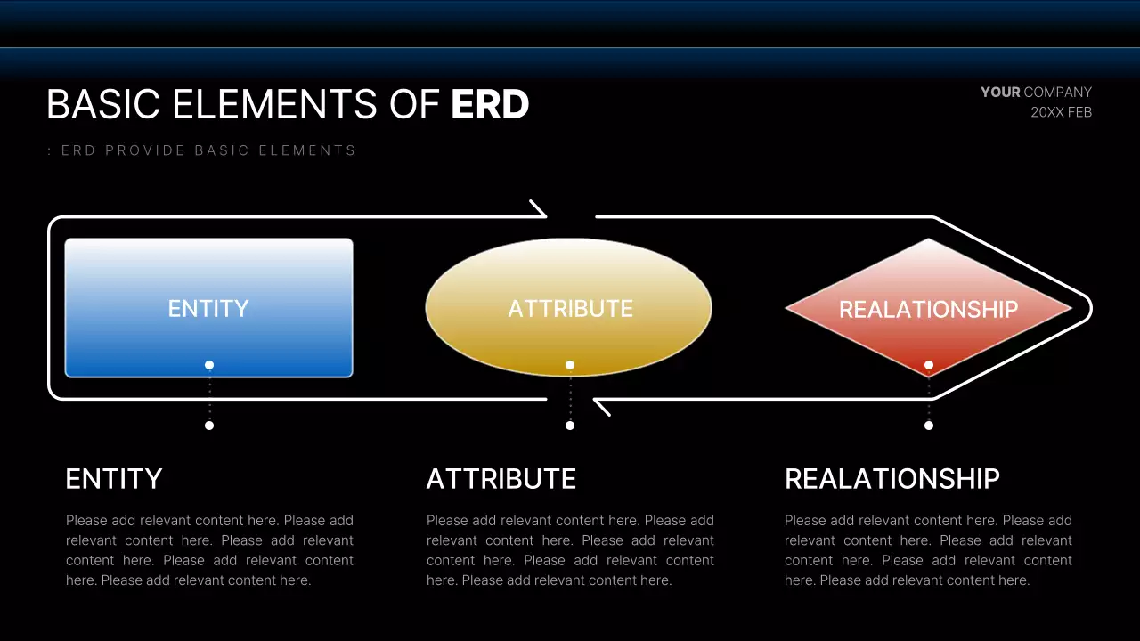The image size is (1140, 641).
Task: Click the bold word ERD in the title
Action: [x=490, y=104]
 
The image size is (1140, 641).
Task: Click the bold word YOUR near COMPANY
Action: [x=1000, y=92]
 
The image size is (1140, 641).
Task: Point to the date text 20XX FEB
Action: [x=1061, y=112]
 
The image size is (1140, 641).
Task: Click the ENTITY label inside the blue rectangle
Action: [x=208, y=308]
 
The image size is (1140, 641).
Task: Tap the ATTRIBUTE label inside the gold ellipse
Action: [x=571, y=308]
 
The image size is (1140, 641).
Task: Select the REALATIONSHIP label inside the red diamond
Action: [x=928, y=309]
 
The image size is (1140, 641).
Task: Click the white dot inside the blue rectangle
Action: [x=209, y=365]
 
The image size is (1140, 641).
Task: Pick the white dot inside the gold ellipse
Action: [x=570, y=365]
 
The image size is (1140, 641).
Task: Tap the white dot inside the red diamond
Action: [x=929, y=365]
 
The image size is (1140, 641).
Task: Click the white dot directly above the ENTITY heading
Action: [x=209, y=426]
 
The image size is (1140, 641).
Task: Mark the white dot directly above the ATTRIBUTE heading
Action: [x=570, y=426]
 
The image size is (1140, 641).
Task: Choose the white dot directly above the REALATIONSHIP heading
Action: [x=929, y=426]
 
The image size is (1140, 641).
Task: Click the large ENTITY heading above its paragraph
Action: [x=114, y=479]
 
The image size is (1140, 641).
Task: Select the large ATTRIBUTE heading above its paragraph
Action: [x=501, y=479]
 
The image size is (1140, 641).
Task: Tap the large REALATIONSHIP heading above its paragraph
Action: [x=892, y=479]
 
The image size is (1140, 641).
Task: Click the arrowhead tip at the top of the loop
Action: [x=546, y=216]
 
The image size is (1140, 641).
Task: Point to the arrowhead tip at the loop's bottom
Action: [x=594, y=400]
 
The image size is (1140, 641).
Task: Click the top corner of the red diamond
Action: [x=928, y=238]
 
